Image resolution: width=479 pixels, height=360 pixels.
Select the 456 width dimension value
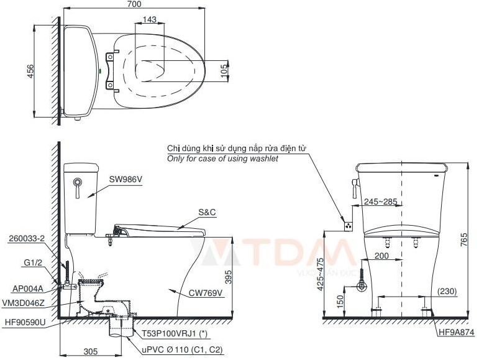pos(30,73)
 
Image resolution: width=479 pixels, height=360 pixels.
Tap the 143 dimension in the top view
pos(149,20)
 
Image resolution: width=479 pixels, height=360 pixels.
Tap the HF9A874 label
pos(455,333)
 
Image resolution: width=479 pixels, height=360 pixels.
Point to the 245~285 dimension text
pos(381,202)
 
